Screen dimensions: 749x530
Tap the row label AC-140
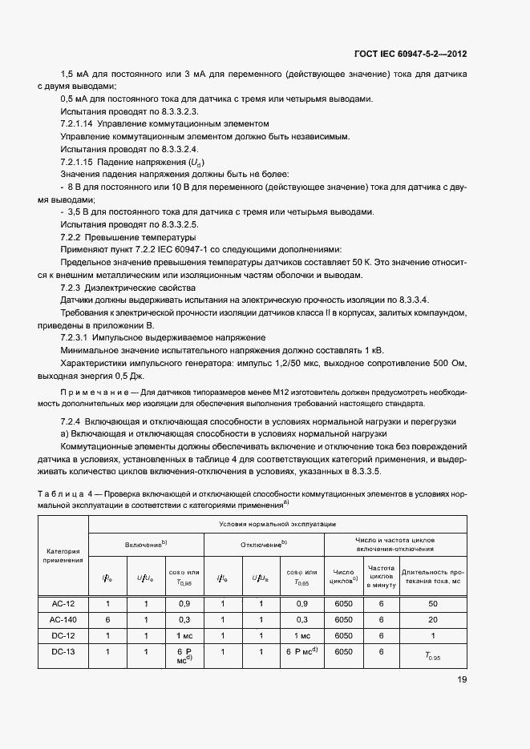63,618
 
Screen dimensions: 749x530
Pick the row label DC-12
63,635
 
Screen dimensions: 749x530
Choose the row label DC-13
63,652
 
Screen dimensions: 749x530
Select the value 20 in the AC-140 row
433,618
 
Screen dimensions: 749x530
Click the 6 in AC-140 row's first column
107,618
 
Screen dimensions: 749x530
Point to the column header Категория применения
63,555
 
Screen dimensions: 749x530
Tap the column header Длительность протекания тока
433,577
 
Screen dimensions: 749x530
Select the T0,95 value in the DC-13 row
434,656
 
